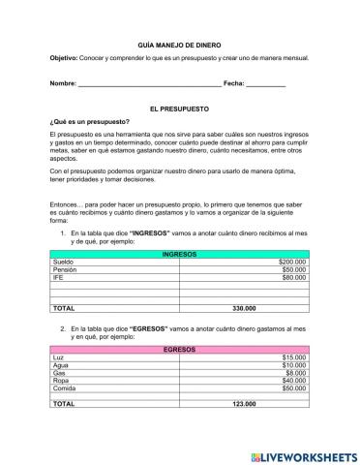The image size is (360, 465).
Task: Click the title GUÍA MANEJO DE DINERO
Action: [179, 45]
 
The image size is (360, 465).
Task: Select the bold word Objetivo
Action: [65, 59]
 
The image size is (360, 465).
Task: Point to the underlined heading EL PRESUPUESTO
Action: [179, 111]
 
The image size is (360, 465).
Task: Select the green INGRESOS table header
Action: [179, 254]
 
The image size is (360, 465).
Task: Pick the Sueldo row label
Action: [63, 262]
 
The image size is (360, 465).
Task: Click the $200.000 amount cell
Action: [291, 262]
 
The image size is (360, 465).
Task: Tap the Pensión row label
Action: [65, 269]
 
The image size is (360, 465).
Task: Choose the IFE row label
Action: [58, 277]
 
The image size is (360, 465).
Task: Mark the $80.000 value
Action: [293, 277]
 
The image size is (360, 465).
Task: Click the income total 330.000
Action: [245, 309]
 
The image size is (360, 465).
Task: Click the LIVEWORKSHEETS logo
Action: [304, 455]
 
